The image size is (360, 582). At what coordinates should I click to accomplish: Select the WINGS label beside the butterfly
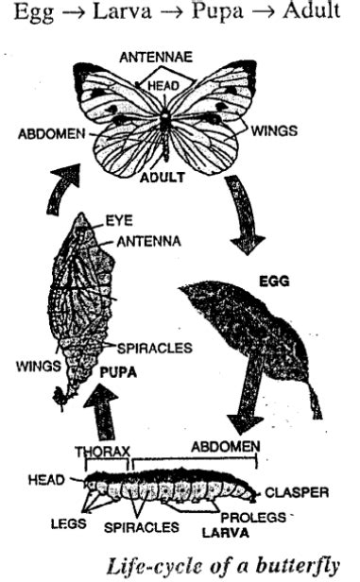click(273, 131)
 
